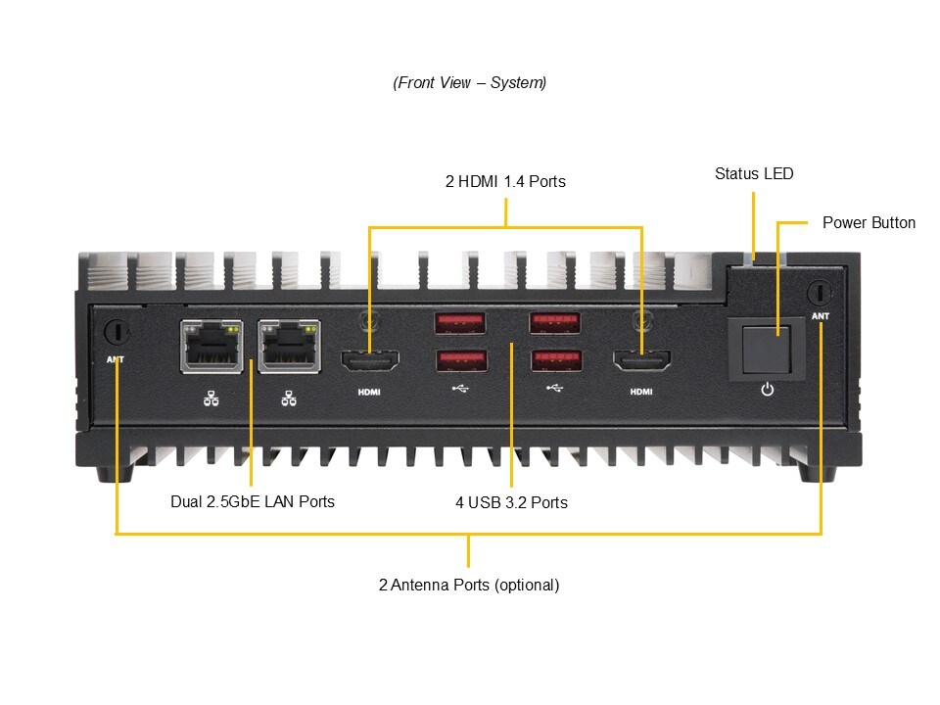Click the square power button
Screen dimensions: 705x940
(x=768, y=349)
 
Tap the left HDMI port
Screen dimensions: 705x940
(x=369, y=362)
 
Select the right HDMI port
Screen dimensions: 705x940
(x=641, y=362)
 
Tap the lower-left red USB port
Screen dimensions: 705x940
(x=459, y=360)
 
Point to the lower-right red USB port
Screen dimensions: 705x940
(x=554, y=360)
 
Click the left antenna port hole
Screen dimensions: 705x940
(x=117, y=332)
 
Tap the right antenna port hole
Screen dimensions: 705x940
(x=821, y=292)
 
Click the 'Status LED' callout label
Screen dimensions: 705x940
(x=754, y=174)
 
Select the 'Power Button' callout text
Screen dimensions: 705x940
(x=869, y=223)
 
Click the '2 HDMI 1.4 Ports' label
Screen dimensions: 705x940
(x=505, y=182)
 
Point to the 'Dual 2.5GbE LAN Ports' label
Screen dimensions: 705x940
(x=253, y=502)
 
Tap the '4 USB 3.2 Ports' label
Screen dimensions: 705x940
(x=511, y=503)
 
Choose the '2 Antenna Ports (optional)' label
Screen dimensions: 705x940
(x=469, y=586)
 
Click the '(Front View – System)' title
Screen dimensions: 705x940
(x=470, y=83)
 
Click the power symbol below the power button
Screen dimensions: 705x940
(x=767, y=390)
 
